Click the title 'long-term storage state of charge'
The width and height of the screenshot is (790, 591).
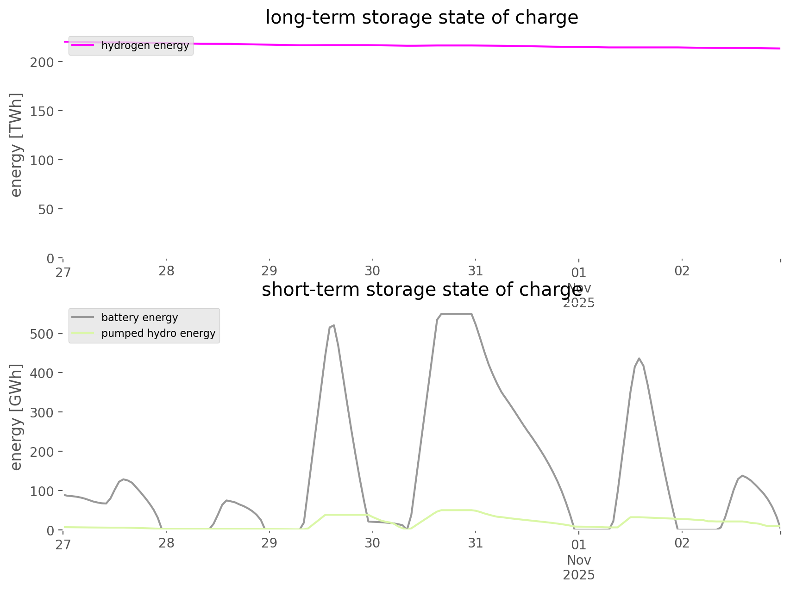pyautogui.click(x=421, y=18)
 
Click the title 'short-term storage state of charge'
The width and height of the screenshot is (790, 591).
pyautogui.click(x=421, y=290)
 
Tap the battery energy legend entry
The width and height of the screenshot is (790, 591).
pyautogui.click(x=139, y=318)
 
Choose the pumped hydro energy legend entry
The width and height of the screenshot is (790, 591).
pyautogui.click(x=158, y=334)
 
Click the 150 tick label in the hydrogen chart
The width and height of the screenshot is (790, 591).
pyautogui.click(x=43, y=111)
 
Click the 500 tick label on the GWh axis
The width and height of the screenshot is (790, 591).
pyautogui.click(x=43, y=334)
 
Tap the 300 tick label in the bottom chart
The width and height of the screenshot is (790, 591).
pyautogui.click(x=43, y=412)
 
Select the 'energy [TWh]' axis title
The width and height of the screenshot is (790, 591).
pyautogui.click(x=16, y=145)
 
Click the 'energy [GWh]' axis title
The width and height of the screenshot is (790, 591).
pyautogui.click(x=16, y=417)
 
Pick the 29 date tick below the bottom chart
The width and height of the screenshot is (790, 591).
pyautogui.click(x=270, y=543)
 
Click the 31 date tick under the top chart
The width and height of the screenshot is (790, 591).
pyautogui.click(x=476, y=271)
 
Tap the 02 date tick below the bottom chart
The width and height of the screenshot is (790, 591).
pyautogui.click(x=682, y=543)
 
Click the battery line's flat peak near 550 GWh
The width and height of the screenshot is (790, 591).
pyautogui.click(x=456, y=314)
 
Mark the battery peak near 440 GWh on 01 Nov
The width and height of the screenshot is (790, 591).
pyautogui.click(x=639, y=358)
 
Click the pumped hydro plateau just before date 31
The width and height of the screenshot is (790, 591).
pyautogui.click(x=456, y=510)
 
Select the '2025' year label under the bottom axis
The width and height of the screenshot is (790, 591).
pyautogui.click(x=579, y=575)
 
